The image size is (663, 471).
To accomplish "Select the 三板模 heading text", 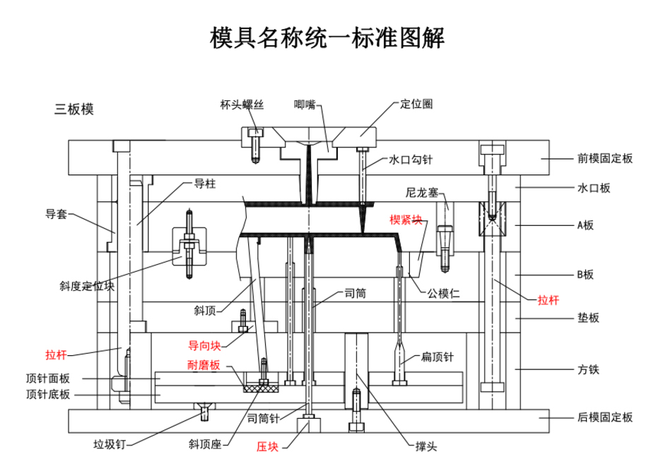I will click(x=74, y=109).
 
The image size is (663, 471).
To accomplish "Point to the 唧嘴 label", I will click(x=305, y=105).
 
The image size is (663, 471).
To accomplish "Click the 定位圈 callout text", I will click(x=416, y=104).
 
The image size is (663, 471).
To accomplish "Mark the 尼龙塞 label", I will click(x=423, y=192).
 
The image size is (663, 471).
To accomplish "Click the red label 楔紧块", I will click(x=406, y=220).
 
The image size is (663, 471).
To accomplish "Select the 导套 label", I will click(x=57, y=214).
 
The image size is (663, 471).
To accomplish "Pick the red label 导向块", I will click(x=204, y=345).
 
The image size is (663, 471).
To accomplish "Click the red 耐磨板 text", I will click(x=204, y=365).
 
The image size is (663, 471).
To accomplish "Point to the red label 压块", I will click(x=267, y=447).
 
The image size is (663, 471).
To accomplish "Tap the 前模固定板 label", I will click(x=604, y=159).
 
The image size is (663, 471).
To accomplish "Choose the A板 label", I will click(x=586, y=225).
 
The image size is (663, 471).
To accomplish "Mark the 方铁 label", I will click(x=588, y=369).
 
